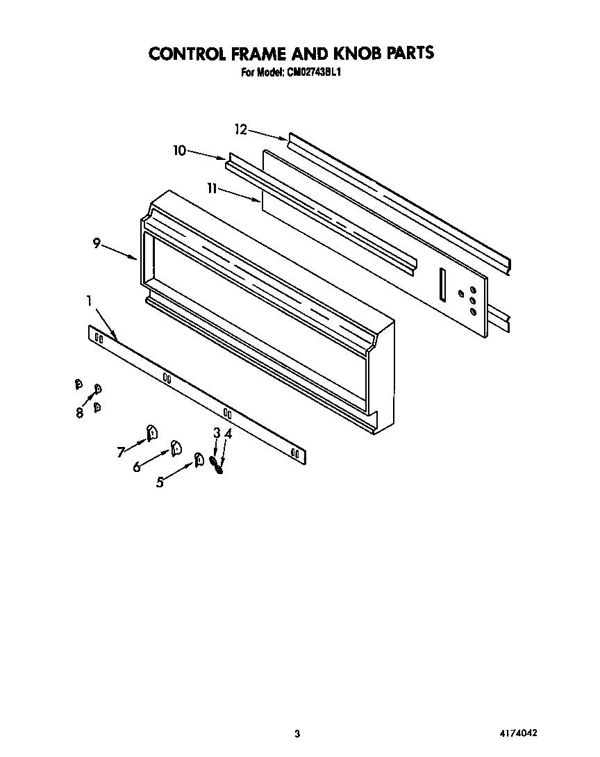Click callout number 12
tap(240, 129)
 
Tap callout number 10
tap(180, 149)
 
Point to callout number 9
tap(97, 243)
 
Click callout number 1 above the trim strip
tap(90, 301)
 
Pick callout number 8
tap(80, 412)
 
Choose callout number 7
tap(122, 453)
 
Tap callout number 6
tap(137, 467)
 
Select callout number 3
tap(217, 432)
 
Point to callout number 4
tap(228, 432)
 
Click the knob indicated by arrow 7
tap(151, 434)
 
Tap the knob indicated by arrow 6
tap(176, 446)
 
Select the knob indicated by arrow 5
tap(199, 459)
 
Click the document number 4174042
tap(518, 733)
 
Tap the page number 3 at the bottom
tap(297, 733)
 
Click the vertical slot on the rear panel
tap(441, 286)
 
